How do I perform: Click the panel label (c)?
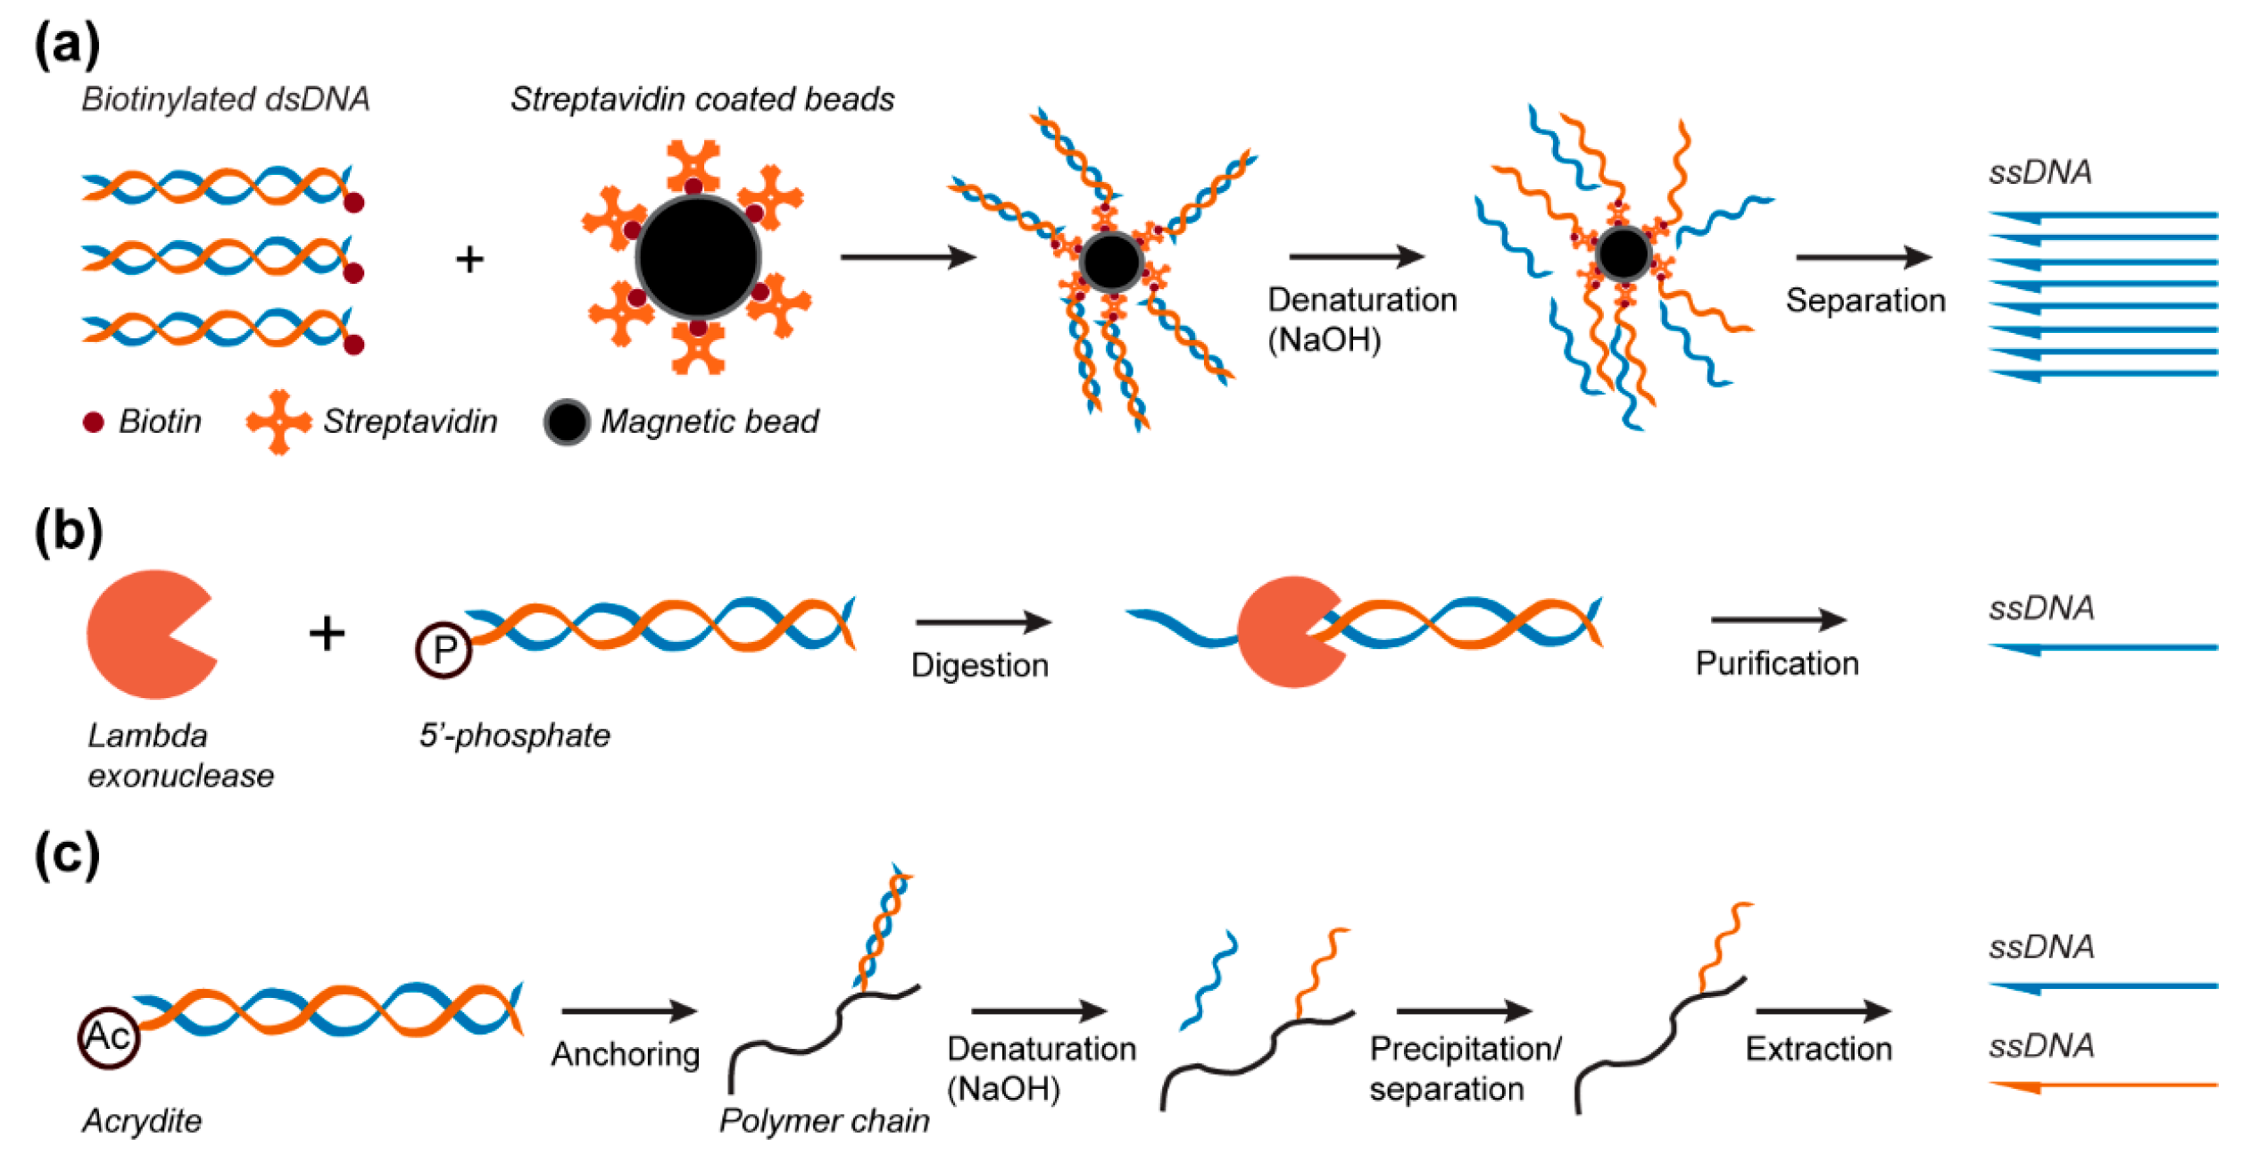(67, 854)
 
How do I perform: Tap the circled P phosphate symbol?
(444, 650)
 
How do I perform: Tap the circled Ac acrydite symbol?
(109, 1037)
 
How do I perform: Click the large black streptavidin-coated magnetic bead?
(698, 257)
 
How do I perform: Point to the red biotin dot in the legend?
(94, 422)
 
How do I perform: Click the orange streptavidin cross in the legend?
(279, 422)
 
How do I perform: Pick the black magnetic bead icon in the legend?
(567, 422)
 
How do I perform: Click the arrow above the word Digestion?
(982, 622)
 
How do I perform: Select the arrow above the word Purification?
(1778, 619)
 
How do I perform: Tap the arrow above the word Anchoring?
(628, 1011)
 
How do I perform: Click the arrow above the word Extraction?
(1823, 1011)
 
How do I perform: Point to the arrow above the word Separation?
(1863, 257)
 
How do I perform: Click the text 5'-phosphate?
(515, 736)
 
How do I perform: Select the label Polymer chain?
(824, 1120)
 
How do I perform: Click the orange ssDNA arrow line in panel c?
(2103, 1085)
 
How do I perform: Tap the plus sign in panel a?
(469, 260)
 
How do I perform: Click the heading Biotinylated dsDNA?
(226, 99)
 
